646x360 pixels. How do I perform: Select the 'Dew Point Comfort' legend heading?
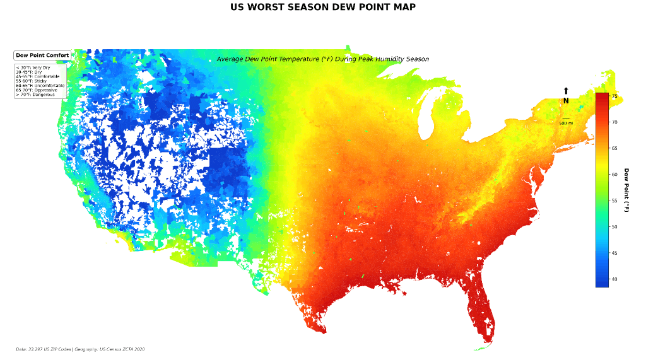[x=42, y=55]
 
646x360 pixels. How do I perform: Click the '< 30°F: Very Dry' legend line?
[x=33, y=67]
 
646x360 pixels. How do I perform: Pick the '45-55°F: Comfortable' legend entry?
[x=37, y=76]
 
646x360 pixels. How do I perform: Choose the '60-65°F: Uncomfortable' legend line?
[x=40, y=86]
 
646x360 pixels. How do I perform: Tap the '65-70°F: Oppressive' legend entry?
[x=37, y=90]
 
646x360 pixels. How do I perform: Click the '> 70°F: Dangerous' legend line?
[x=35, y=95]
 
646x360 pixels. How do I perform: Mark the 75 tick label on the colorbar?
[x=614, y=96]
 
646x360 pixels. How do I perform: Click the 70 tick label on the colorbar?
[x=614, y=122]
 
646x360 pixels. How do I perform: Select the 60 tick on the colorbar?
[x=614, y=174]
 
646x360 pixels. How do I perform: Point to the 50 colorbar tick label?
[x=614, y=226]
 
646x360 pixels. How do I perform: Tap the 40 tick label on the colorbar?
[x=614, y=279]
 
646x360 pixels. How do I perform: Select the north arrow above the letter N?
[x=566, y=91]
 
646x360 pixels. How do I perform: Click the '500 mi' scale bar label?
[x=566, y=123]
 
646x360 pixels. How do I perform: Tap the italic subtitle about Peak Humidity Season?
[x=322, y=59]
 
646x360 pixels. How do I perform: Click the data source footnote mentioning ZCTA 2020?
[x=80, y=349]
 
